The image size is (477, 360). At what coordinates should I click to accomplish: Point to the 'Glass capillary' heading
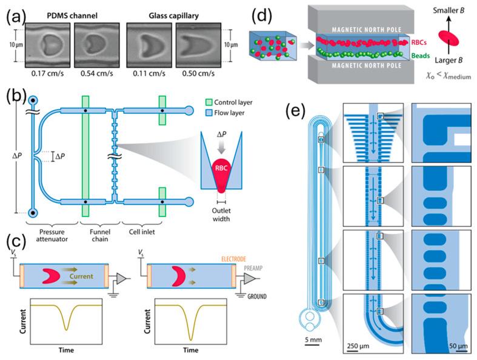click(x=174, y=13)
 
